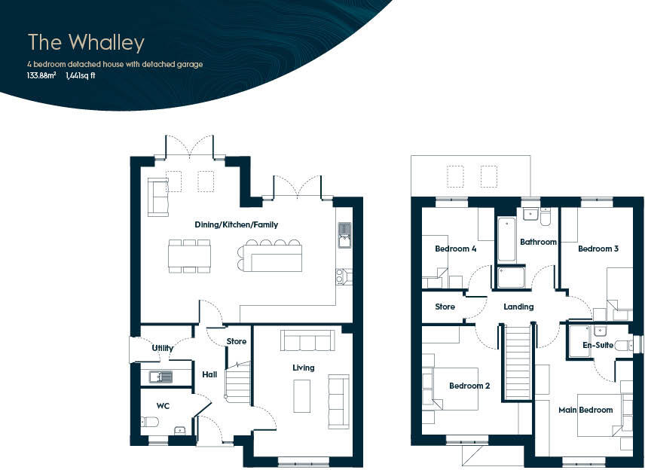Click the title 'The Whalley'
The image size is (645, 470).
coord(86,42)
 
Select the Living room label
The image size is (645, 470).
coord(304,368)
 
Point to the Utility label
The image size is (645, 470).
coord(163,348)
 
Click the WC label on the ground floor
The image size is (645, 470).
coord(163,406)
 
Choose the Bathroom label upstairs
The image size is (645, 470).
coord(538,242)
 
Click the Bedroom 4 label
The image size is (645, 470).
coord(455,249)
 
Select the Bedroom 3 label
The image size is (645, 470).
coord(598,249)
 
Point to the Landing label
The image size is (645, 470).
coord(518,307)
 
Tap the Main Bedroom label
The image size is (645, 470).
coord(585,410)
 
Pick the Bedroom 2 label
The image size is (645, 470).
coord(469,386)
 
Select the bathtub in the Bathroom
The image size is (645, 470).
coord(506,239)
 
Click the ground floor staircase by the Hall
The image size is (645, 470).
coord(238,382)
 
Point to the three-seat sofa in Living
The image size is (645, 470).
coord(307,341)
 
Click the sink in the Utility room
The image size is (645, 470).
coord(160,376)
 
